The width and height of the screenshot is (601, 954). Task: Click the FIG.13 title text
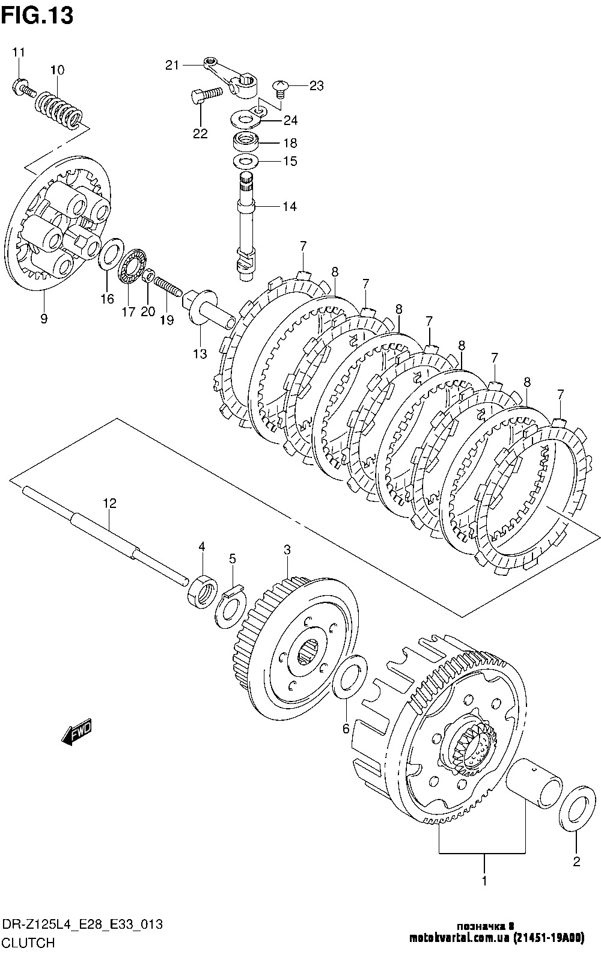tap(37, 16)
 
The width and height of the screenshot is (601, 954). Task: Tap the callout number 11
tap(18, 52)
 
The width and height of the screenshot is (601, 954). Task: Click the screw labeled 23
tap(280, 89)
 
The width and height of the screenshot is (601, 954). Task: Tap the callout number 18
tap(290, 142)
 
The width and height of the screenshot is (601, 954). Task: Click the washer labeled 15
tap(245, 162)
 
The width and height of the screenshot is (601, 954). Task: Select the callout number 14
tap(290, 207)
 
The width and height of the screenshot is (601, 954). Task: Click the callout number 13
tap(200, 353)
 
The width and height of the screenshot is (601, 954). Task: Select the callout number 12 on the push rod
tap(109, 503)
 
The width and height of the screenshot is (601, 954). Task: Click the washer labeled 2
tap(577, 809)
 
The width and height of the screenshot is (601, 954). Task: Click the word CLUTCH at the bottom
tap(28, 943)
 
